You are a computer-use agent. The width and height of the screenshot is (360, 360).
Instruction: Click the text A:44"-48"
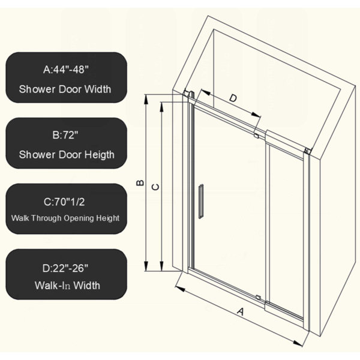click(66, 69)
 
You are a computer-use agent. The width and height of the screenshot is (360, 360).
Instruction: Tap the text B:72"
click(65, 135)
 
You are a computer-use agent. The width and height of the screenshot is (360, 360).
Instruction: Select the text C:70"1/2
click(64, 202)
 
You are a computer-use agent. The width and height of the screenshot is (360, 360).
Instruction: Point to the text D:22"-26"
click(65, 268)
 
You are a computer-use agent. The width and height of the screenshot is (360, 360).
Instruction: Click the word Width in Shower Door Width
click(98, 89)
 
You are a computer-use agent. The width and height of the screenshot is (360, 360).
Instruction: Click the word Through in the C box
click(46, 218)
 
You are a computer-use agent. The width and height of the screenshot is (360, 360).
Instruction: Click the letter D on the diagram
click(233, 98)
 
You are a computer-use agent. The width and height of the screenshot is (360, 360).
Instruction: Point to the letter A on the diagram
click(241, 312)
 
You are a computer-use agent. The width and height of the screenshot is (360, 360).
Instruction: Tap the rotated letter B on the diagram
click(140, 183)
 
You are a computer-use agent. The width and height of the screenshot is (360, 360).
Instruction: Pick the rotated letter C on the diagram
click(155, 187)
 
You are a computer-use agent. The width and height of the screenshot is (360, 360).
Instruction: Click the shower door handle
click(200, 201)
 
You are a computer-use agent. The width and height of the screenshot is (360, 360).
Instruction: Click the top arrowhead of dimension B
click(146, 99)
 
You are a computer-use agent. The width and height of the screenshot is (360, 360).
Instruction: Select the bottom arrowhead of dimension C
click(162, 266)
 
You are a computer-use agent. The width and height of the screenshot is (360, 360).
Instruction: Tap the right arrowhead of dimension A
click(298, 343)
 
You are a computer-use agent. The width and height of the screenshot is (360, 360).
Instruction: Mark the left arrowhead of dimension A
click(181, 289)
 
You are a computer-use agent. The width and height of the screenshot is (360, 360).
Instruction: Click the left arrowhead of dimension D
click(206, 92)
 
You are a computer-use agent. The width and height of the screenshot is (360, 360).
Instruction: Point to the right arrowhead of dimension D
click(256, 115)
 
